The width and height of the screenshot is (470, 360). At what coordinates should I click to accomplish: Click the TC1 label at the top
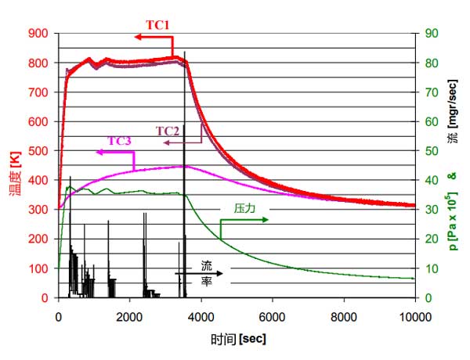point(158,25)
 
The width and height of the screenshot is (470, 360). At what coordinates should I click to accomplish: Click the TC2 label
point(168,131)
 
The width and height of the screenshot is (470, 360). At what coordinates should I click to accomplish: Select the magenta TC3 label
point(120,141)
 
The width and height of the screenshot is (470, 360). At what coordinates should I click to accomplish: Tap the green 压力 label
point(245,209)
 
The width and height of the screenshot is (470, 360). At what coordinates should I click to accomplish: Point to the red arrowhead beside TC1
point(137,37)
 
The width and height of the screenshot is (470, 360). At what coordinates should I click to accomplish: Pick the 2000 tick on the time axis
point(130,316)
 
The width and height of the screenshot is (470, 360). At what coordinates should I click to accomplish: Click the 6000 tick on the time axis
point(272,316)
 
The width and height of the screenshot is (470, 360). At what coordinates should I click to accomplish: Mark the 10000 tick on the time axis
point(413,316)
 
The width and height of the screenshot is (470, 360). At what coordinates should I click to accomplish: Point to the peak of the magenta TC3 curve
point(184,166)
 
